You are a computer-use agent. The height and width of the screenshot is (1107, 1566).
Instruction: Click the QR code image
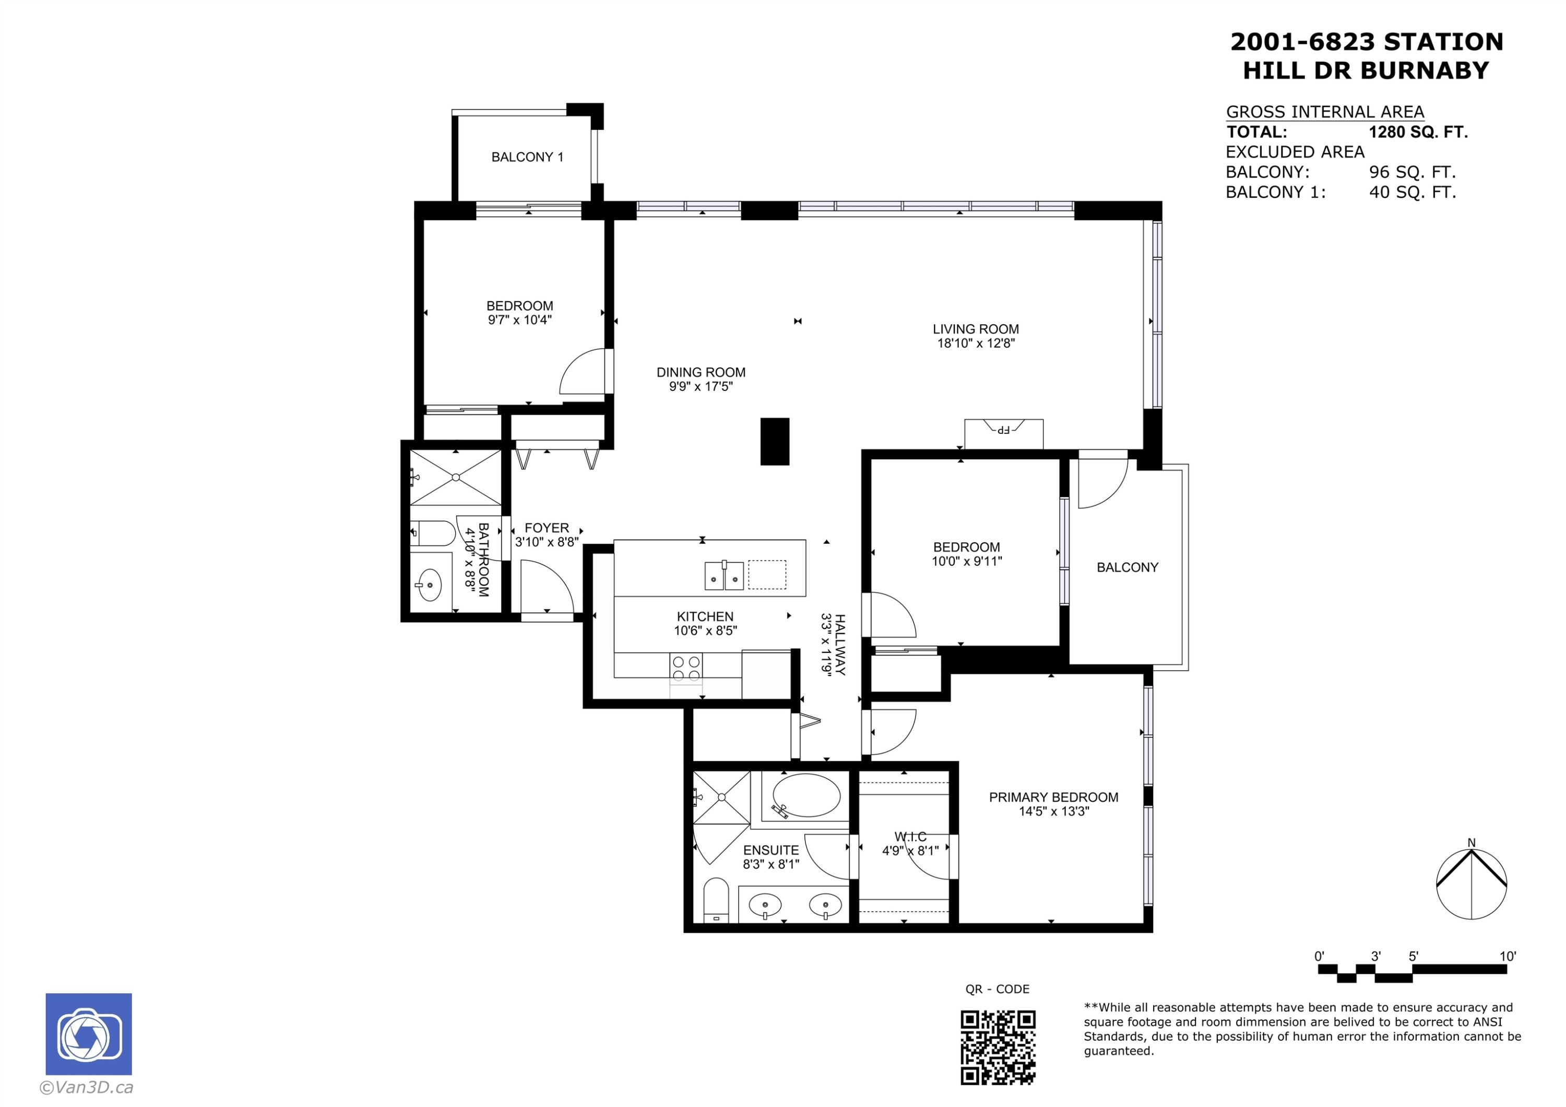click(x=998, y=1047)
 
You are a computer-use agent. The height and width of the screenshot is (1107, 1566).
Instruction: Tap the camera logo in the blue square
click(x=89, y=1034)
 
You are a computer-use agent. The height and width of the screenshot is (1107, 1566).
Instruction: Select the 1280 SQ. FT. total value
click(x=1418, y=133)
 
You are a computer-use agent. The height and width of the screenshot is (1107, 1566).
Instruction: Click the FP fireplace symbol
click(x=1003, y=430)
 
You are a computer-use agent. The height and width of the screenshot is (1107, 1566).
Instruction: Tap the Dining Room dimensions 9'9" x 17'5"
click(x=701, y=387)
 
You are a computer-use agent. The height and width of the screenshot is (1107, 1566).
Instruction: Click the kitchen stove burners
click(x=686, y=669)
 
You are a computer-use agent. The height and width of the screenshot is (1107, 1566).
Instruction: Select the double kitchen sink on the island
click(x=723, y=576)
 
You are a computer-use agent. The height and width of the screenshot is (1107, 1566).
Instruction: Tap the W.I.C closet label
click(x=910, y=837)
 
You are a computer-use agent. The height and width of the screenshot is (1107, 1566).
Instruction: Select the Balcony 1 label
click(x=527, y=158)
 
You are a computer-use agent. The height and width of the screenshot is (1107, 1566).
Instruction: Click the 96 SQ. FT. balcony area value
click(x=1412, y=172)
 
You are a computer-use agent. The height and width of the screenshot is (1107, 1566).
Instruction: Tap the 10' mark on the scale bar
click(x=1508, y=956)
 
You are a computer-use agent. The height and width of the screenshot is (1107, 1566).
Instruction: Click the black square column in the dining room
click(x=775, y=442)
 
